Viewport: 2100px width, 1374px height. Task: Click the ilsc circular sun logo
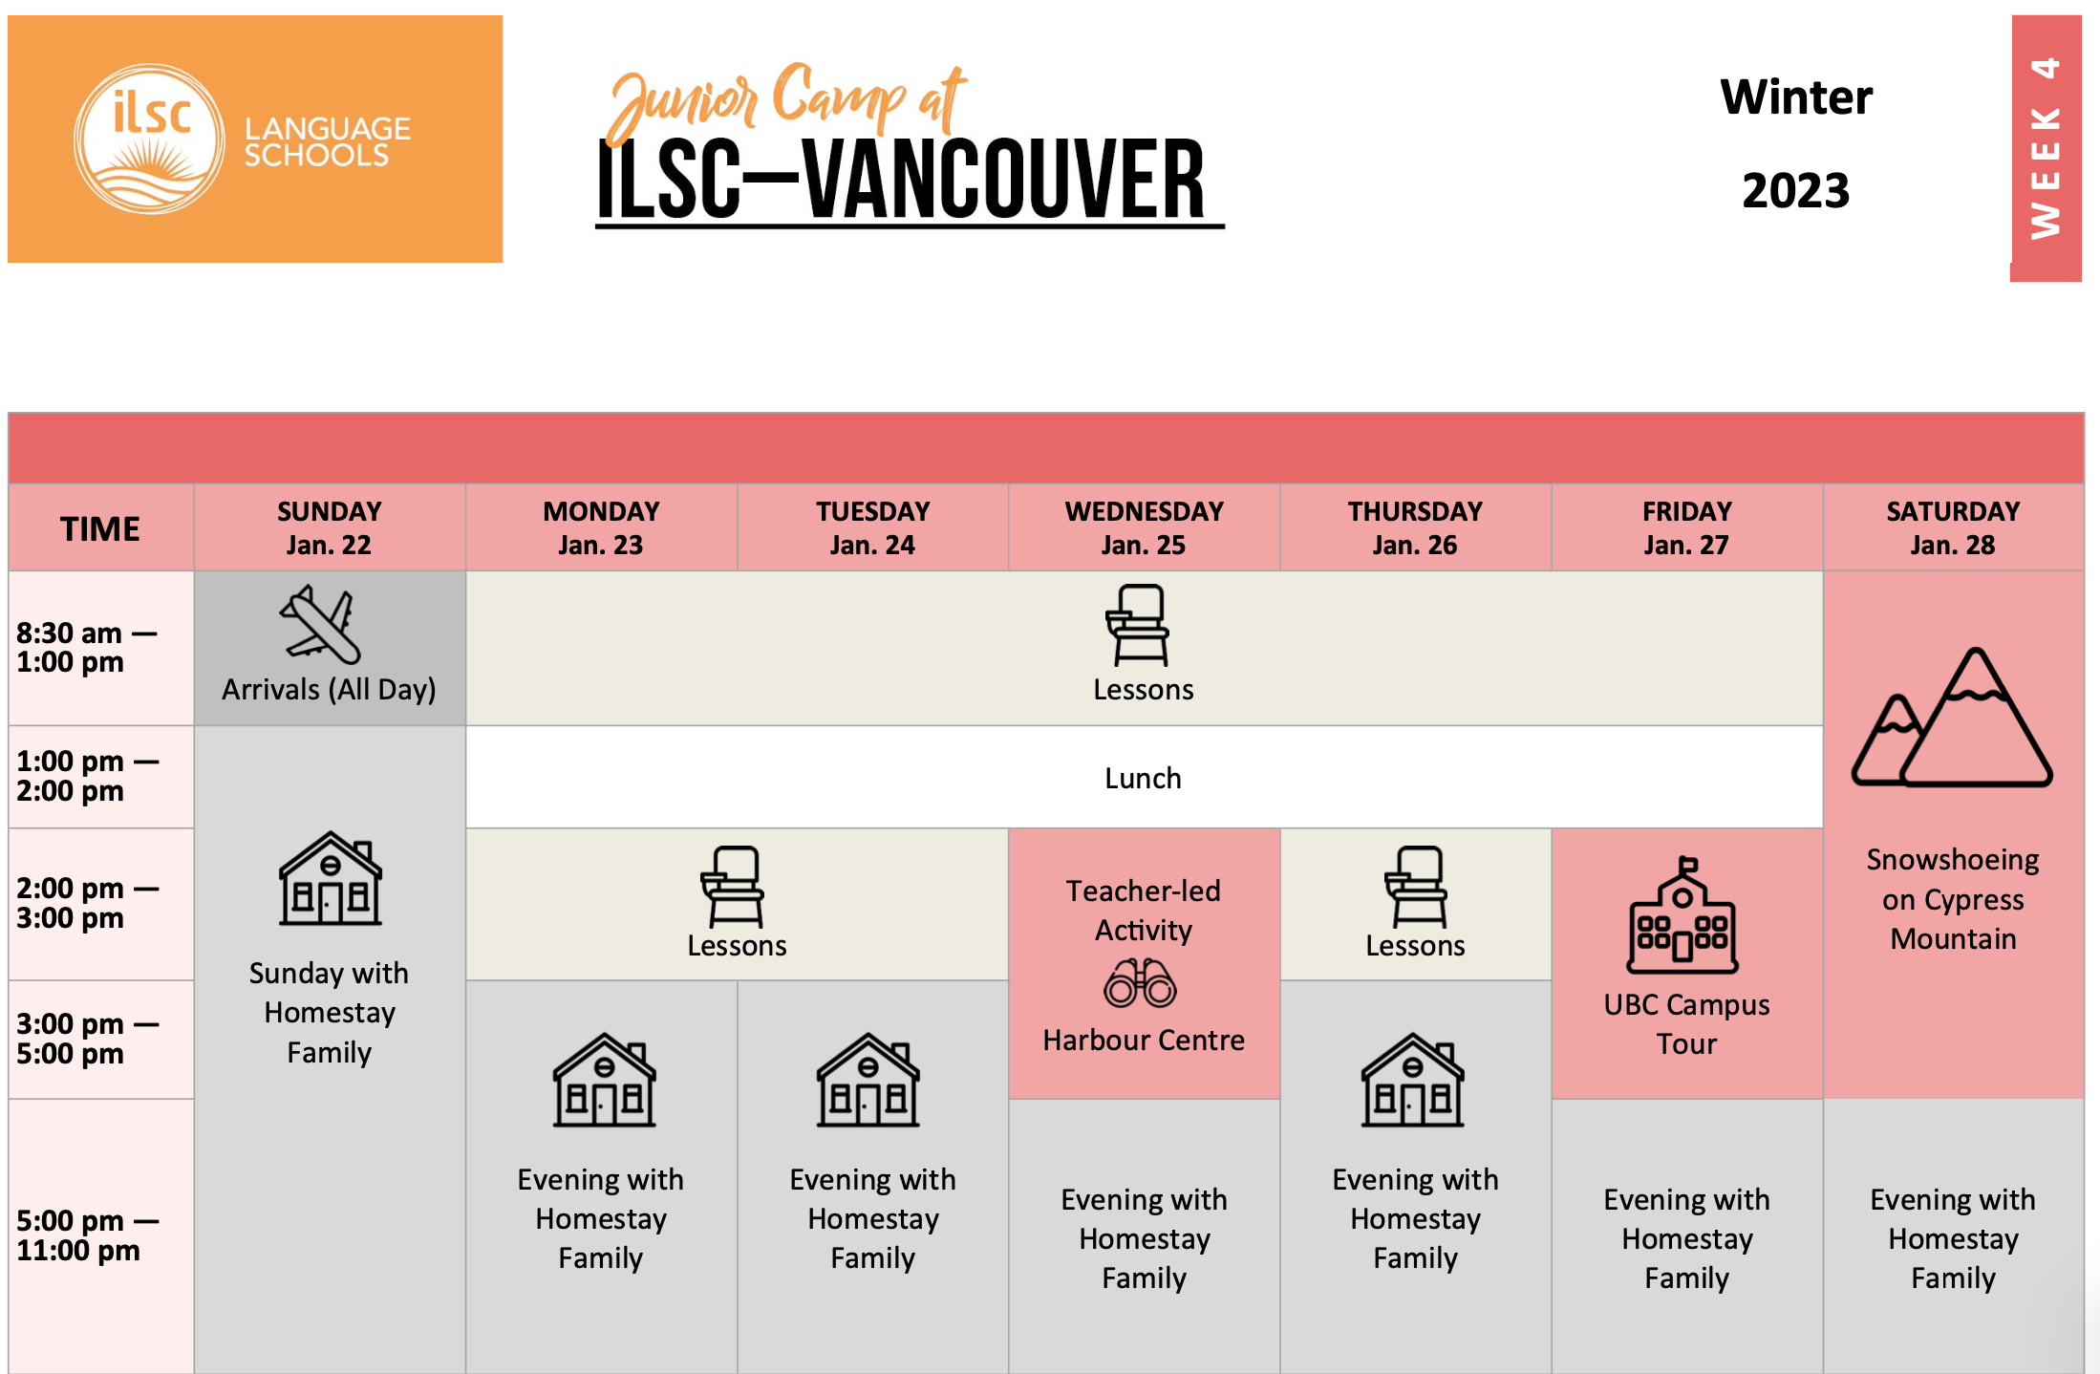click(150, 139)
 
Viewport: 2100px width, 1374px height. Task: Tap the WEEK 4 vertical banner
click(2046, 148)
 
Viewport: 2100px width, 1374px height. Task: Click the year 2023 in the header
click(1795, 190)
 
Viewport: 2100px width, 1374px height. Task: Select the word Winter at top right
click(1796, 97)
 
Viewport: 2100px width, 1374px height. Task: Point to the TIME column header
click(100, 528)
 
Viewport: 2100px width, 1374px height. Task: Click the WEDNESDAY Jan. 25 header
click(1144, 527)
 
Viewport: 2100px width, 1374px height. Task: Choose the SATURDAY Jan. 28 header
click(1953, 527)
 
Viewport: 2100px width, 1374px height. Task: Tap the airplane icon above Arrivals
click(320, 625)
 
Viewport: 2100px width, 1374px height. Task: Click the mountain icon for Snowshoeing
click(1952, 718)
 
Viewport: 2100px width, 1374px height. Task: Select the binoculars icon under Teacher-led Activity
click(1140, 983)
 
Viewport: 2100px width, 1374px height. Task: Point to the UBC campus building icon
click(1682, 914)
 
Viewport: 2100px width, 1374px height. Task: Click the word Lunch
click(1143, 778)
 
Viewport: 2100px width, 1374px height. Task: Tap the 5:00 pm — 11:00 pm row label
click(87, 1235)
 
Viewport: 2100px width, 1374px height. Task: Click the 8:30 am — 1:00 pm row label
click(86, 647)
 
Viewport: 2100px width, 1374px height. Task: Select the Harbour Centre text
click(1144, 1040)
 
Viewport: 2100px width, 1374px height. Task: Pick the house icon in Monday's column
click(604, 1080)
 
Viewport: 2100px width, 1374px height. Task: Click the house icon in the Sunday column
click(330, 878)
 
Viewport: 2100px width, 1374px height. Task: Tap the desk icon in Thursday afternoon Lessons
click(1417, 887)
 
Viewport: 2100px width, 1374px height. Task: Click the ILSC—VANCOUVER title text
click(902, 179)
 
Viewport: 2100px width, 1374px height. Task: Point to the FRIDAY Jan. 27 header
click(1686, 527)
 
